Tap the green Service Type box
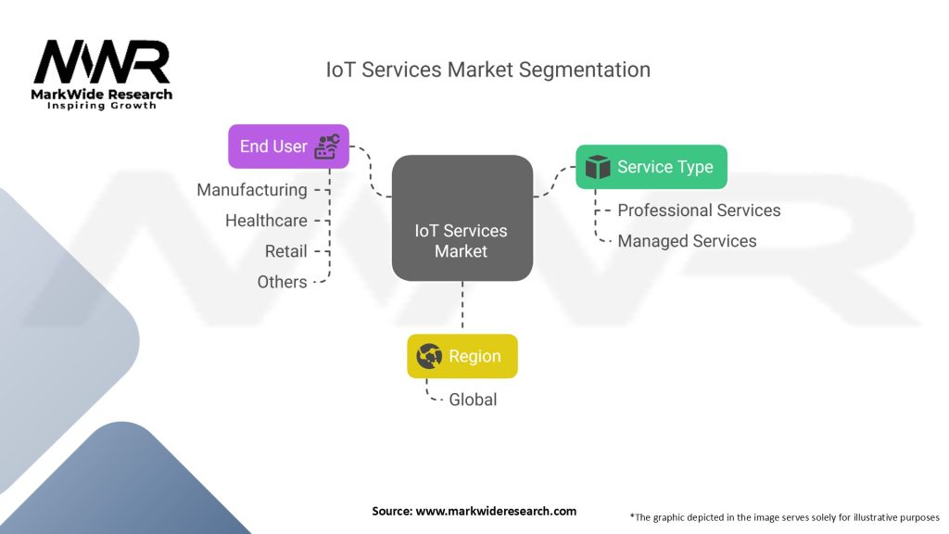click(651, 167)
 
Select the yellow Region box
click(462, 356)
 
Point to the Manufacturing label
click(252, 190)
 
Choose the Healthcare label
click(266, 221)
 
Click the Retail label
click(285, 251)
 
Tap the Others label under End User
click(282, 282)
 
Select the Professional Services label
click(699, 210)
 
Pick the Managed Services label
click(687, 241)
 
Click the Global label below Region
click(473, 400)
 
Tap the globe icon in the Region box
click(429, 356)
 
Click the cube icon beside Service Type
click(598, 167)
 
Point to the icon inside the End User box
click(327, 146)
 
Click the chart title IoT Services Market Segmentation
click(487, 70)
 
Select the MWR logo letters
click(102, 63)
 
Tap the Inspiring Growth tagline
click(102, 106)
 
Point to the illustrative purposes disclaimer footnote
click(784, 516)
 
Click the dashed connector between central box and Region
click(462, 306)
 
